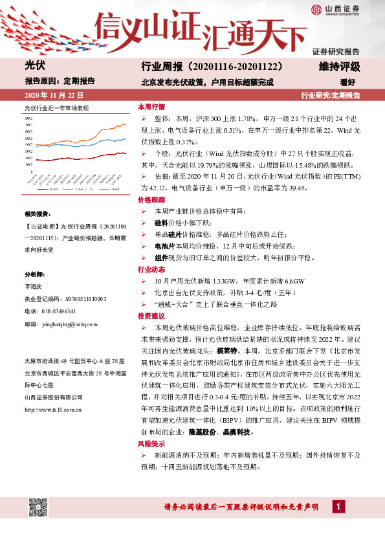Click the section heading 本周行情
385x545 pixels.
tap(151, 107)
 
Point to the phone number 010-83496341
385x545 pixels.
tap(58, 311)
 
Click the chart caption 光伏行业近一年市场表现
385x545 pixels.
tap(56, 107)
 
